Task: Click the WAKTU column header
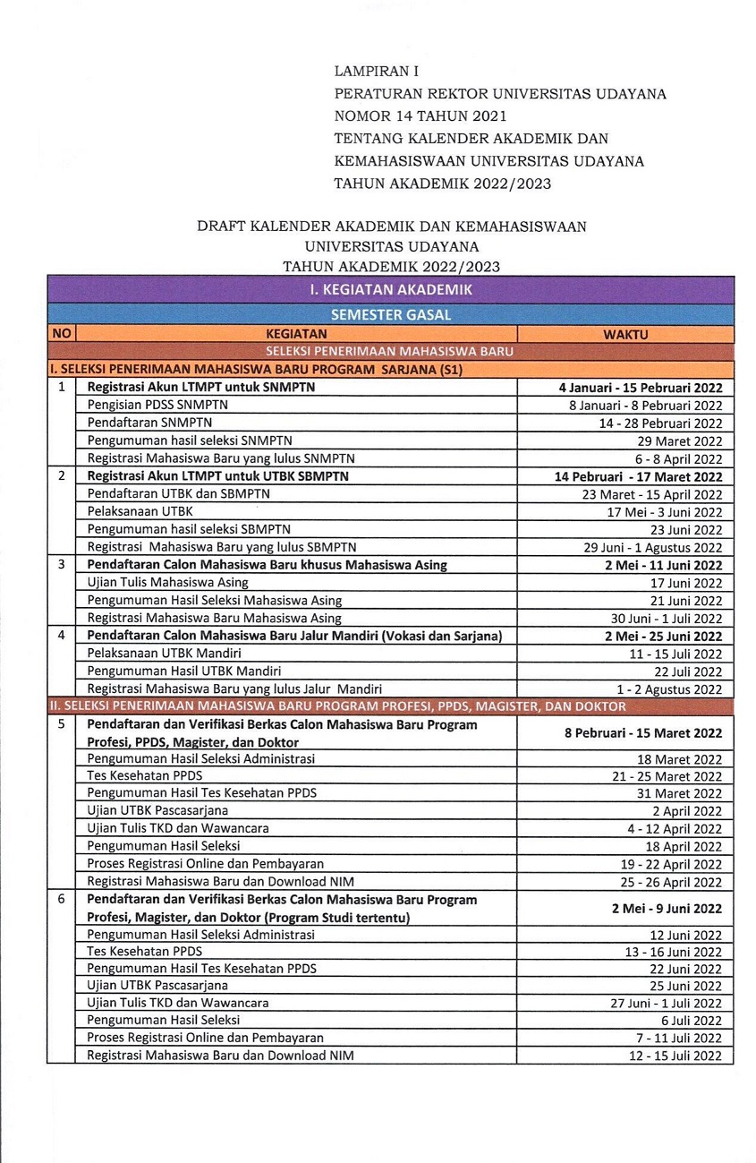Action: (x=625, y=334)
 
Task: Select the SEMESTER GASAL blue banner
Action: (x=390, y=314)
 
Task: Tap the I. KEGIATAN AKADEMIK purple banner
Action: (x=390, y=289)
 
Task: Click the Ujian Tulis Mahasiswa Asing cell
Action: (x=168, y=583)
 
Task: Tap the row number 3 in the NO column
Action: (x=62, y=565)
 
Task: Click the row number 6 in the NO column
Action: (x=62, y=899)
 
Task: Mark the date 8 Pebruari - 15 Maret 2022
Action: (x=642, y=732)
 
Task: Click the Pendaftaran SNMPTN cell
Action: (x=141, y=423)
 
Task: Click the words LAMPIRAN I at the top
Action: (x=376, y=70)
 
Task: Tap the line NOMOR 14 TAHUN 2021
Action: (x=420, y=115)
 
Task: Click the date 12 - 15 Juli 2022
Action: (x=675, y=1056)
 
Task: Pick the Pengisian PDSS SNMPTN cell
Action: (x=158, y=405)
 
